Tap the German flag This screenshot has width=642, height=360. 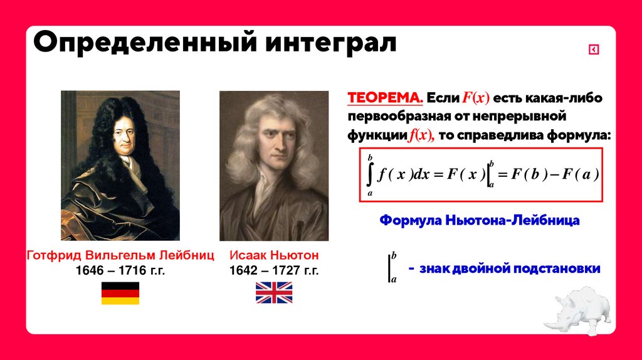(x=120, y=293)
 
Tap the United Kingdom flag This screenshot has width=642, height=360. (x=274, y=293)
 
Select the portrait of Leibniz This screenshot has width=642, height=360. (x=120, y=166)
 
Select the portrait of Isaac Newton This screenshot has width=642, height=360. (x=274, y=166)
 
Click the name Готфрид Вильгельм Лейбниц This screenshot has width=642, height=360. (x=120, y=255)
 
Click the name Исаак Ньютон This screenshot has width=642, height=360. (x=274, y=255)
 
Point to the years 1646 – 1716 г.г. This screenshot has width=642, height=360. (x=120, y=271)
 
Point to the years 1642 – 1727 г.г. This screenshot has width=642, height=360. (x=274, y=271)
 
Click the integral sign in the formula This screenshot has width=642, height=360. (x=371, y=175)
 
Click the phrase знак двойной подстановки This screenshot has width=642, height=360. (x=510, y=268)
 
